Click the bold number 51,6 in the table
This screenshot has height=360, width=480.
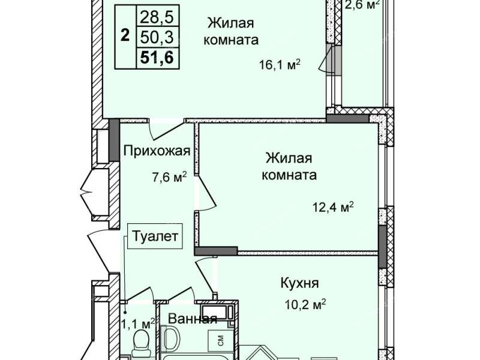[x=157, y=57]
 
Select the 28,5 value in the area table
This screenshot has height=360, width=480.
[x=157, y=17]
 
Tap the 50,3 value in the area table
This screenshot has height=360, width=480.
[x=157, y=37]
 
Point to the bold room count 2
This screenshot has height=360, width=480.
[x=125, y=35]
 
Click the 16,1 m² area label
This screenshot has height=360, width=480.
[x=280, y=65]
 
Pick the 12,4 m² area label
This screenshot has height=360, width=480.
[x=333, y=207]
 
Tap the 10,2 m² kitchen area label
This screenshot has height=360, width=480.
[x=305, y=305]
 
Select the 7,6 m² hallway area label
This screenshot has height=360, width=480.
[x=170, y=177]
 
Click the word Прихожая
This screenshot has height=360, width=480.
[x=157, y=151]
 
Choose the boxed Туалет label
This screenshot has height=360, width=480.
[x=155, y=236]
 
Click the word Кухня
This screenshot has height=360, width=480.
[x=299, y=283]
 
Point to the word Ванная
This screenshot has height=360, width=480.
[x=193, y=319]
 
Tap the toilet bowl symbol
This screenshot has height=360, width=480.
[x=141, y=344]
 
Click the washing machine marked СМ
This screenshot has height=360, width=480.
[x=221, y=340]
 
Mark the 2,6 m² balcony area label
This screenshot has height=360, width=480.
[x=362, y=4]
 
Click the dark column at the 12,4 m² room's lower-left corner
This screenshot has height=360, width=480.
[x=216, y=251]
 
